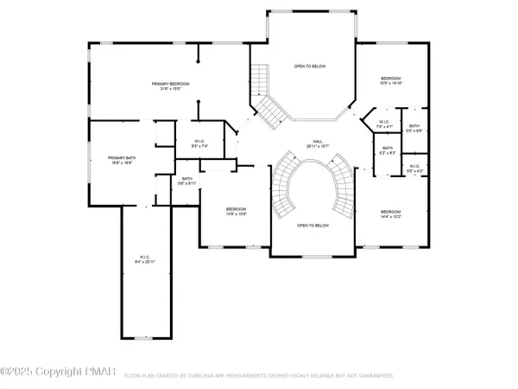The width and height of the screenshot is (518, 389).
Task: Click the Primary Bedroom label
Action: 170,86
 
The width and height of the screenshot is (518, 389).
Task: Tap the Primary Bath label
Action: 120,160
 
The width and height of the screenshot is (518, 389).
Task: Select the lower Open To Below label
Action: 313,225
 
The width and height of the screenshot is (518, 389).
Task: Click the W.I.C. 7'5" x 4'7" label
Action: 384,124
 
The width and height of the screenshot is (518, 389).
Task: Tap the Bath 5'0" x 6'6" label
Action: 415,129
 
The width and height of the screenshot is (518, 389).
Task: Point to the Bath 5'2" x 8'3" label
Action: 388,150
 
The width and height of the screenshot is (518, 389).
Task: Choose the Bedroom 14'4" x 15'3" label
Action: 391,214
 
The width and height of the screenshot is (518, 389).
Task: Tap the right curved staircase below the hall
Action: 343,186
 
